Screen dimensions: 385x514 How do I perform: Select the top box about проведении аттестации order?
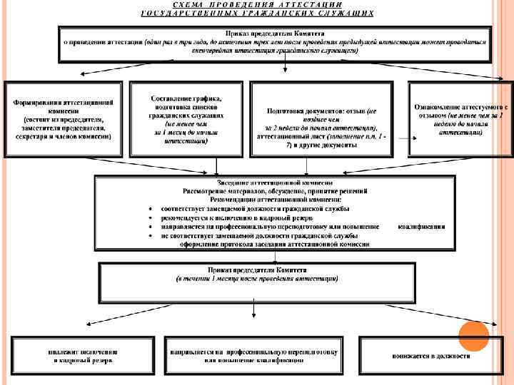(x=275, y=43)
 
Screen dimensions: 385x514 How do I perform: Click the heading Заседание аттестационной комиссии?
(x=275, y=183)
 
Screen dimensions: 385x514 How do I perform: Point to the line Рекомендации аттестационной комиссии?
(x=275, y=200)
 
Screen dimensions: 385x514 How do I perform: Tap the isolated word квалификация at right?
(x=421, y=227)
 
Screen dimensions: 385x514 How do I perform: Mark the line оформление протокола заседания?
(x=275, y=243)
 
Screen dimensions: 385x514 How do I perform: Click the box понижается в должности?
(x=430, y=356)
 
